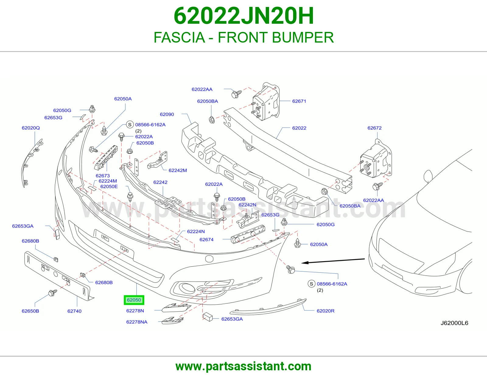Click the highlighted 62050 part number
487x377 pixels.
(134, 300)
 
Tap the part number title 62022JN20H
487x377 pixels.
(243, 16)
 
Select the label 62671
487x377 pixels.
(299, 101)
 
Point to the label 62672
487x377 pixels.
(374, 128)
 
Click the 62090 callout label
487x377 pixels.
(167, 114)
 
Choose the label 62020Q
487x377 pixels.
(31, 128)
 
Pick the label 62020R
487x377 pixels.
(325, 311)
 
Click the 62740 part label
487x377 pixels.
(74, 311)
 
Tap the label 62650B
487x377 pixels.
(30, 311)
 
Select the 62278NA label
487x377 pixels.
(137, 322)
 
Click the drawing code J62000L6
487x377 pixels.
(454, 323)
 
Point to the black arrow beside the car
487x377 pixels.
(333, 261)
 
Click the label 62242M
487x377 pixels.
(178, 170)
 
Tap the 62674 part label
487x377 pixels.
(206, 240)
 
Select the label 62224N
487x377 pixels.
(196, 231)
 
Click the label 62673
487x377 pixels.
(103, 176)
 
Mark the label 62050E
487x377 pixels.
(109, 186)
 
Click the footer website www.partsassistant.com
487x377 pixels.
(243, 366)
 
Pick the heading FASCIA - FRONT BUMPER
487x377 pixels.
(243, 37)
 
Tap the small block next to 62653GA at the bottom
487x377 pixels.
(208, 317)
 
